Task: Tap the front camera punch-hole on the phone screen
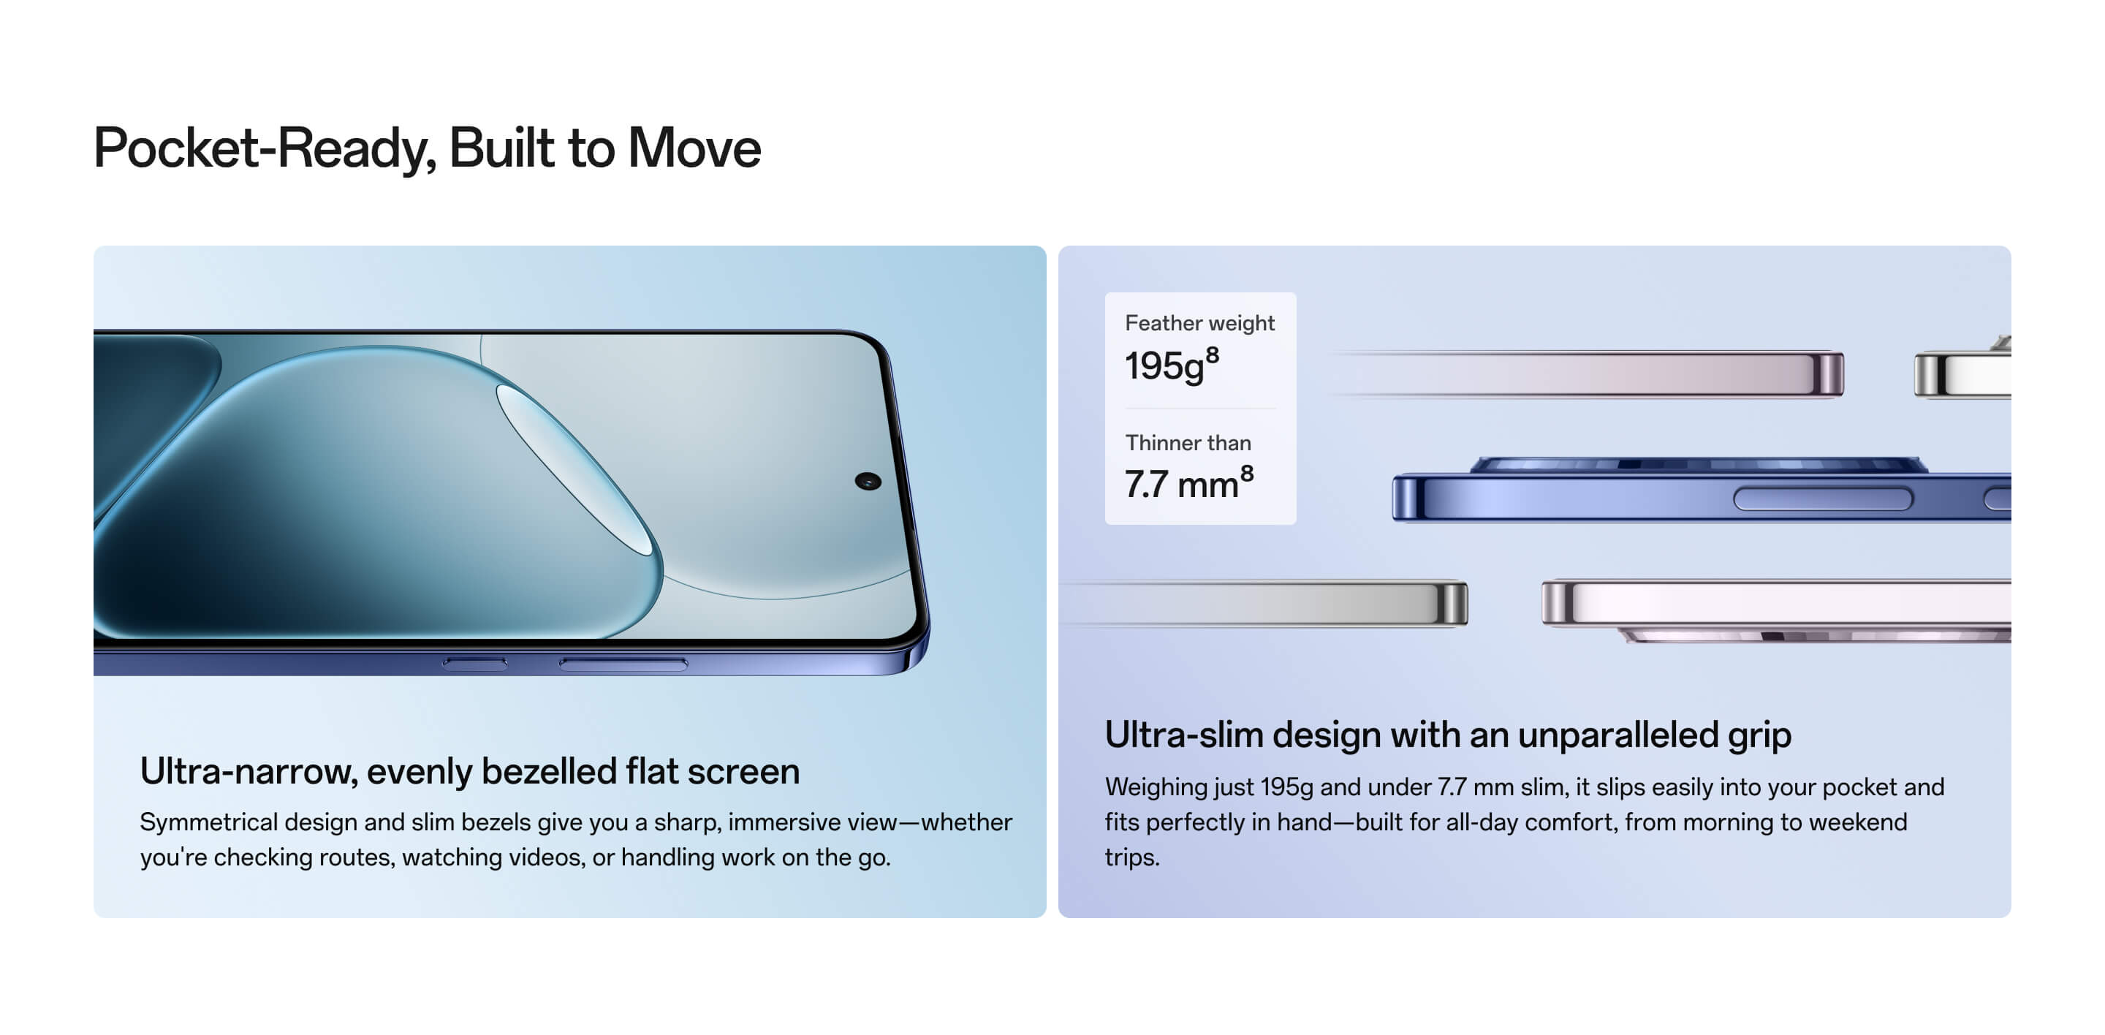pyautogui.click(x=868, y=481)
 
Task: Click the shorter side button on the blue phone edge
pyautogui.click(x=475, y=663)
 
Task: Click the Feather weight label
pyautogui.click(x=1199, y=324)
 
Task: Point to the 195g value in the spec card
pyautogui.click(x=1164, y=365)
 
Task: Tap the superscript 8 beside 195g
pyautogui.click(x=1213, y=355)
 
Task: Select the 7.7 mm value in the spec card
pyautogui.click(x=1182, y=485)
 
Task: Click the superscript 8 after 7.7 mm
pyautogui.click(x=1247, y=474)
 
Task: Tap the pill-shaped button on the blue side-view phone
pyautogui.click(x=1823, y=498)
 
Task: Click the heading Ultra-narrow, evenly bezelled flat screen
pyautogui.click(x=470, y=771)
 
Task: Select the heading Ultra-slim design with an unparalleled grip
pyautogui.click(x=1448, y=735)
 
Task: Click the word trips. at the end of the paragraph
pyautogui.click(x=1131, y=857)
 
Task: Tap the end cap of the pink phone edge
pyautogui.click(x=1827, y=375)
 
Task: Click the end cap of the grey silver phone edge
pyautogui.click(x=1452, y=604)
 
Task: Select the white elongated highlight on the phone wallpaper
pyautogui.click(x=575, y=470)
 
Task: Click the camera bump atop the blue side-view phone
pyautogui.click(x=1698, y=465)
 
